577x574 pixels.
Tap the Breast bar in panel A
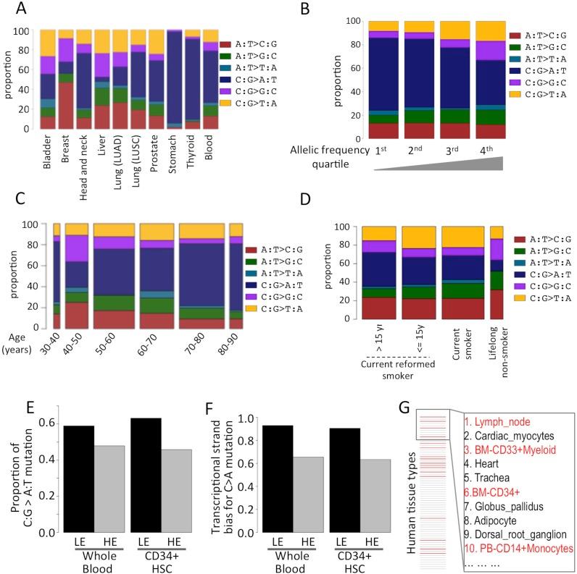[x=66, y=79]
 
